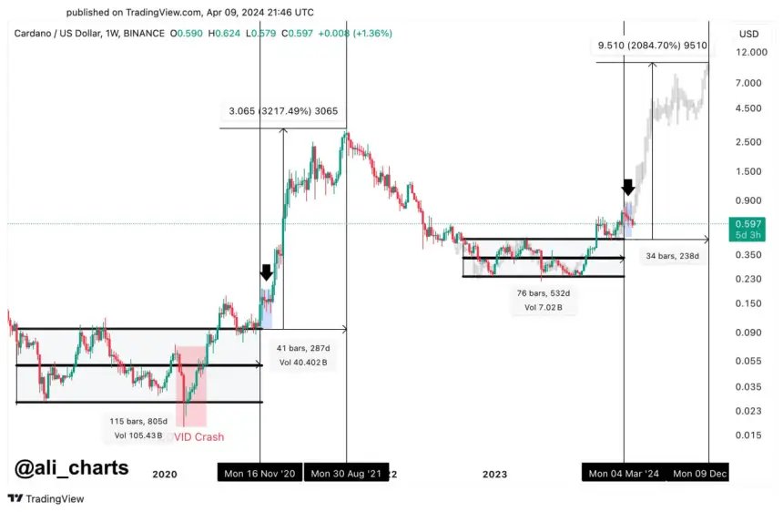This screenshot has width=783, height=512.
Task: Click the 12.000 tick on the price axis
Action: click(748, 54)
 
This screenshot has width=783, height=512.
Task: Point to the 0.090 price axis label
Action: click(748, 333)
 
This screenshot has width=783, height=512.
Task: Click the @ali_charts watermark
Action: click(71, 468)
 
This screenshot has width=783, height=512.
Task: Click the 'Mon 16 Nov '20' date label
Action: click(259, 474)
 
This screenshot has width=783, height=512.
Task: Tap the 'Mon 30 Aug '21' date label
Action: click(346, 474)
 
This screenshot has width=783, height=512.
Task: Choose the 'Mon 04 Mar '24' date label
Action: click(624, 474)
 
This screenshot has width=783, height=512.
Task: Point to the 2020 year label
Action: click(164, 474)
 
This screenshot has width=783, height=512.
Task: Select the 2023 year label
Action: click(494, 474)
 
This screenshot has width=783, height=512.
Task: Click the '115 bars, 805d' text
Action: click(134, 421)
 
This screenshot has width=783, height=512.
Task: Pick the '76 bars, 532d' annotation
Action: click(544, 294)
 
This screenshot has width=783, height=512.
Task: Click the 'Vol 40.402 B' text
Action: click(303, 363)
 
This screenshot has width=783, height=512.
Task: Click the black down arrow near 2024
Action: click(628, 188)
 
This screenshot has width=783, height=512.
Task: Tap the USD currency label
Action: click(748, 34)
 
